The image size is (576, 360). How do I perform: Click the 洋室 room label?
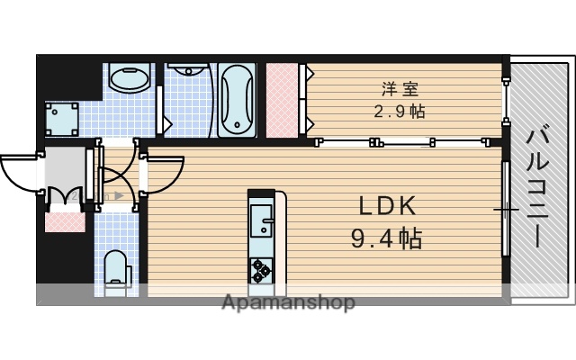(x=400, y=90)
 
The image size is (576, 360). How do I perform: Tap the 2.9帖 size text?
(x=400, y=112)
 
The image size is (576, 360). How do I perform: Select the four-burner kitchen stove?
(x=261, y=268)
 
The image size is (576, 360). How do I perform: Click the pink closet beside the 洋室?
(x=284, y=99)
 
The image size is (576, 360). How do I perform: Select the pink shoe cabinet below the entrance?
(x=65, y=219)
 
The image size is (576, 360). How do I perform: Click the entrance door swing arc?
(x=18, y=171)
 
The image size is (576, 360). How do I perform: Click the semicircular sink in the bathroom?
(x=188, y=69)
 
